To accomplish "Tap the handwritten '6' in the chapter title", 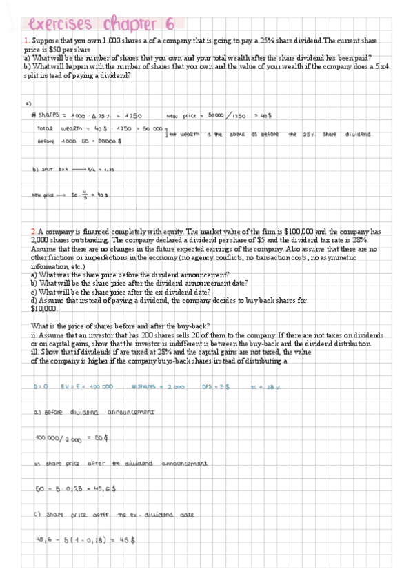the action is (167, 23).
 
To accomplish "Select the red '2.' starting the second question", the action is (33, 231).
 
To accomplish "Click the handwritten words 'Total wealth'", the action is (58, 129).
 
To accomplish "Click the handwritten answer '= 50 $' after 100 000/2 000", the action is (101, 438).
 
